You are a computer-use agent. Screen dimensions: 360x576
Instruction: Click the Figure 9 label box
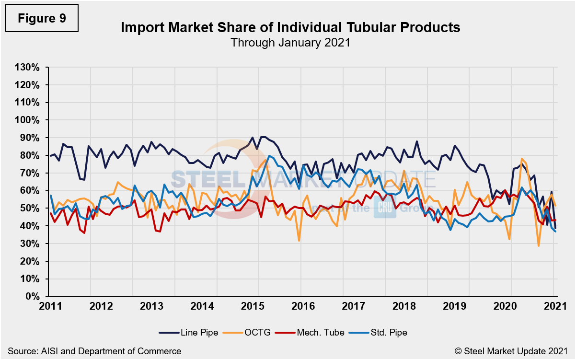41,18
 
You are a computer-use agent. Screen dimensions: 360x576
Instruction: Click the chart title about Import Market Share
290,27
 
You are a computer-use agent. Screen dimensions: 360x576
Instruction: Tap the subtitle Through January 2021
290,42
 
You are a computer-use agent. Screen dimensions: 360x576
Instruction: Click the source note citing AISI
94,351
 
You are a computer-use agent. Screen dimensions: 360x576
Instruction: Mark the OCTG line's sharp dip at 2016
300,240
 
